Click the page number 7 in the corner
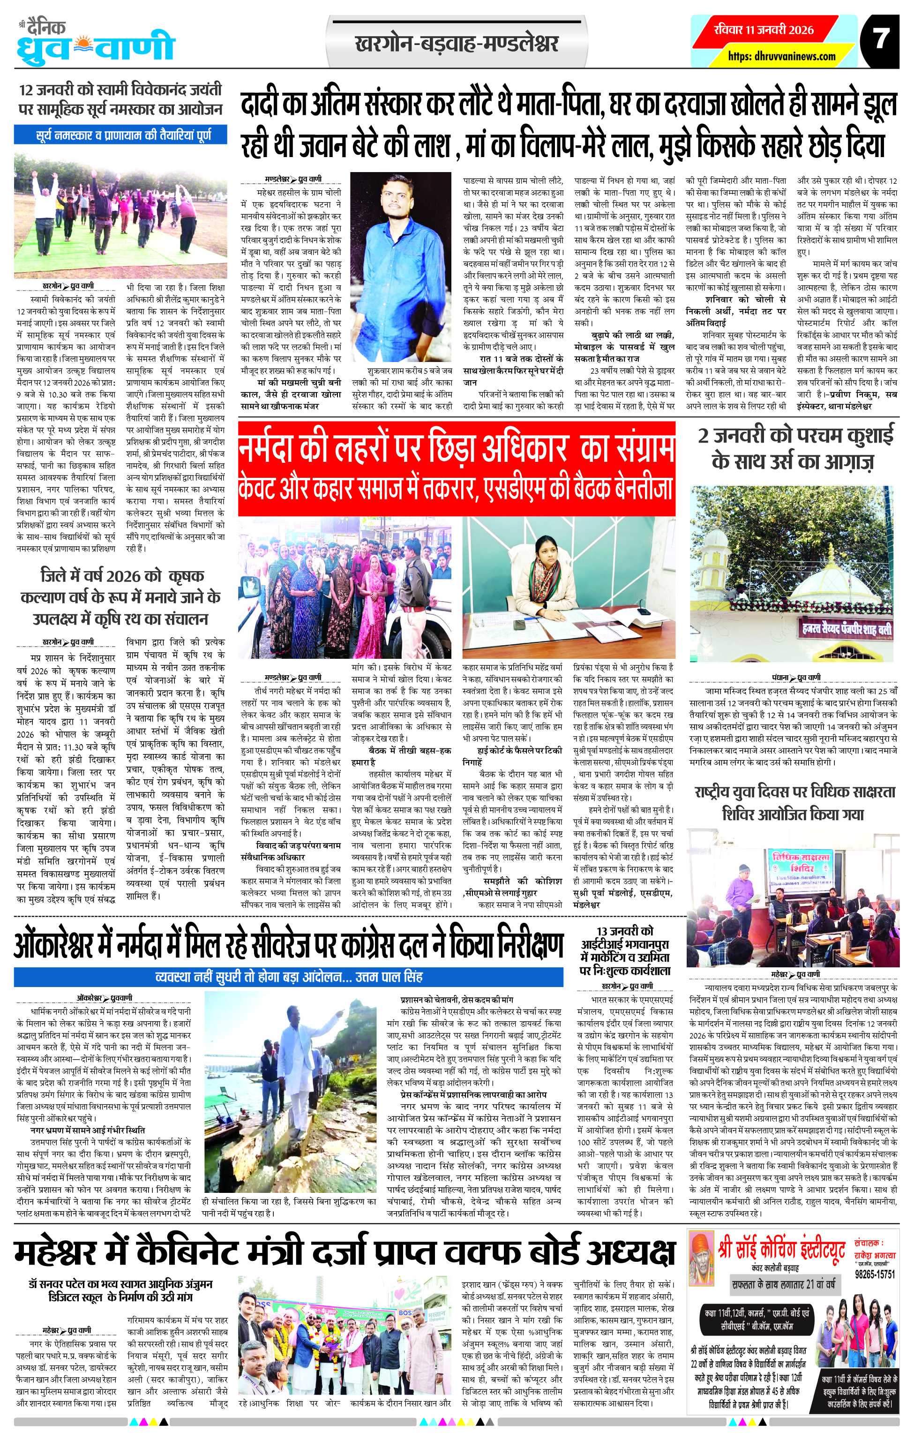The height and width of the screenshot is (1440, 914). click(x=879, y=39)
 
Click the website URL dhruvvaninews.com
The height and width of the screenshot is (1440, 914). click(x=781, y=56)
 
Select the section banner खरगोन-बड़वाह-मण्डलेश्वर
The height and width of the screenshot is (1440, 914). click(x=456, y=44)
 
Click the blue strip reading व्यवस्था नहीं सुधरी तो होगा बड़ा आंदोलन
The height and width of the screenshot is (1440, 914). click(x=288, y=977)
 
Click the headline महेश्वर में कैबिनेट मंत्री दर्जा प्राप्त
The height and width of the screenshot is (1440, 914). click(x=345, y=1251)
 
